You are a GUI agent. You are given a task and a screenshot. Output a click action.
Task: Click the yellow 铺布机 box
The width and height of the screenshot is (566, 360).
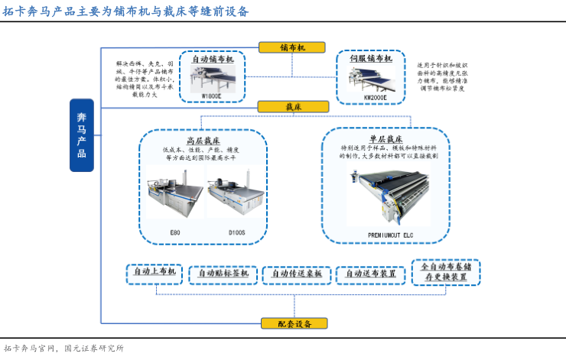pos(292,47)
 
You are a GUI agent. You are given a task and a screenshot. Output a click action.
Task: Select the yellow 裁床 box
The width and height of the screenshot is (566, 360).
pos(292,106)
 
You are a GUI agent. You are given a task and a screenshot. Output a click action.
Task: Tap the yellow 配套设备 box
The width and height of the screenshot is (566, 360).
pos(294,323)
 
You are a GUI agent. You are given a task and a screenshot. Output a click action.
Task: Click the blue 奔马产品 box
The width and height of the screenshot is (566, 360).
pos(82,135)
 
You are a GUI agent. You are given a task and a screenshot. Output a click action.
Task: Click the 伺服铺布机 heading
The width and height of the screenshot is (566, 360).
pos(371,58)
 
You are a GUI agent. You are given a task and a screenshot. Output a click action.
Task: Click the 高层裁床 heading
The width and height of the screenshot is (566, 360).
pos(203,141)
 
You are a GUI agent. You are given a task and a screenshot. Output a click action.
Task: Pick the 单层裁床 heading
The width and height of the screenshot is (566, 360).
pos(385,139)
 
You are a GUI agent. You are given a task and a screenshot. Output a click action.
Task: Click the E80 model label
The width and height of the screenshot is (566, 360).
pos(175,231)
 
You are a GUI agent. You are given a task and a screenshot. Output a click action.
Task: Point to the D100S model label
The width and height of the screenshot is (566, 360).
pos(236,231)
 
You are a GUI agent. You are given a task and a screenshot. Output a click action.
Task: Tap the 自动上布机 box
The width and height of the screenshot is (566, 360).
pos(155,271)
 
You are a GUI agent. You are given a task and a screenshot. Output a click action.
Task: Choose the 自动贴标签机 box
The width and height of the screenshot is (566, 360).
pos(223,273)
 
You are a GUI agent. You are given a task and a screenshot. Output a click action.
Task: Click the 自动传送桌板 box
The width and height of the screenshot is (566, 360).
pos(297,273)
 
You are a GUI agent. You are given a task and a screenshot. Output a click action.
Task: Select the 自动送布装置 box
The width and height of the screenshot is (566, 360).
pos(370,273)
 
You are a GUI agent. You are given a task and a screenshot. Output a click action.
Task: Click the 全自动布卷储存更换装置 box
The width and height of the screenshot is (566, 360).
pos(446,272)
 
